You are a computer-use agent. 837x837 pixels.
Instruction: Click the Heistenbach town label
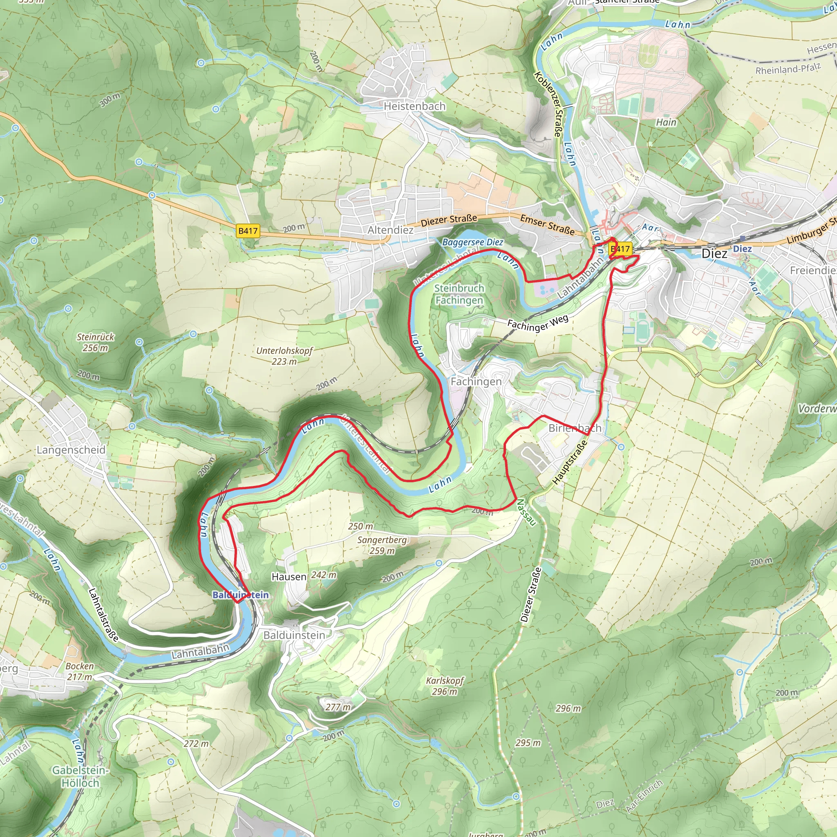414,106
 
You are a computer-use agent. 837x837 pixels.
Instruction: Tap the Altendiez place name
390,230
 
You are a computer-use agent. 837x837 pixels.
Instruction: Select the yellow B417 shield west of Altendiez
248,231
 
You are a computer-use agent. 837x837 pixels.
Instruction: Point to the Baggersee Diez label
473,242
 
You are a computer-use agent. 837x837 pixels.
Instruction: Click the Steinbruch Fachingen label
459,294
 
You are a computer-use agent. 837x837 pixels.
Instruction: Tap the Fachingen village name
476,382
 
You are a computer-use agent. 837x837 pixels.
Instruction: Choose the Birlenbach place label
575,428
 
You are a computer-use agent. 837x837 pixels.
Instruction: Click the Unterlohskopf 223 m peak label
284,356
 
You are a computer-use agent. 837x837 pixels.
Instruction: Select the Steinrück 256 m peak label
95,342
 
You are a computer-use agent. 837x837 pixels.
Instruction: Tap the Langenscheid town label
71,450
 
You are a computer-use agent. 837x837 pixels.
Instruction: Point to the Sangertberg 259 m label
382,545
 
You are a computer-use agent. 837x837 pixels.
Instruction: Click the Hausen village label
289,577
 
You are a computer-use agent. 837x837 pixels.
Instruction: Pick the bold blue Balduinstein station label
240,595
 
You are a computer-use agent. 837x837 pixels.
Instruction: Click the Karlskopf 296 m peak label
445,686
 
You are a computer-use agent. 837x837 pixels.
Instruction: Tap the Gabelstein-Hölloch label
80,777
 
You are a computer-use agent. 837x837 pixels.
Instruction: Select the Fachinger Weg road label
538,323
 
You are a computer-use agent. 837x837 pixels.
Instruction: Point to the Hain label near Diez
666,123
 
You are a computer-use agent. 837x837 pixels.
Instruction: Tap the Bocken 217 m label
79,671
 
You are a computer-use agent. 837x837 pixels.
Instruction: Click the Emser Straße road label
547,225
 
